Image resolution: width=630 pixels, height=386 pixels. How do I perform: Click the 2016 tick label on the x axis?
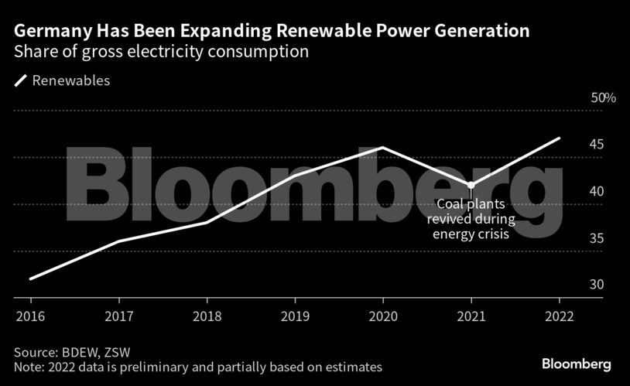tap(30, 316)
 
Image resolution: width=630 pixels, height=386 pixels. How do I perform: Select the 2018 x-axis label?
tap(207, 316)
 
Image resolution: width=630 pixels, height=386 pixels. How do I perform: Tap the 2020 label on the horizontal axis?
tap(383, 316)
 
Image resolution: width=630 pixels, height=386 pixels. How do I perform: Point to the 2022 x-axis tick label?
tap(559, 316)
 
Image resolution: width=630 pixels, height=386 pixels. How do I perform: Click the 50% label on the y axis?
tap(602, 98)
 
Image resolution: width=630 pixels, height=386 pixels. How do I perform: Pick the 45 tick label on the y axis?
tap(597, 145)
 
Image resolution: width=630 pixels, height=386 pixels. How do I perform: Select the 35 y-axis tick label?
tap(597, 238)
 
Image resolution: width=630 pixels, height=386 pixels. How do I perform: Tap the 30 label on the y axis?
tap(597, 285)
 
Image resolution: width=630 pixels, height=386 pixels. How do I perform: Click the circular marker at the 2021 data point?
tap(471, 185)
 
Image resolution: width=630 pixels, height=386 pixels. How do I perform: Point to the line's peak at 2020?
tap(383, 148)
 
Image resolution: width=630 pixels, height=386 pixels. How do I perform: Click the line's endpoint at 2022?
tap(559, 138)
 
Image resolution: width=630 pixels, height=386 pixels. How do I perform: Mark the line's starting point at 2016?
tap(31, 278)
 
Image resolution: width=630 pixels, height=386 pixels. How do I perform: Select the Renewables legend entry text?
tap(71, 80)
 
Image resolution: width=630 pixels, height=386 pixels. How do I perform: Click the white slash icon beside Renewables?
tap(21, 80)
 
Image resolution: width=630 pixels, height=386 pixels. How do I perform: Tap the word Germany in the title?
tap(50, 31)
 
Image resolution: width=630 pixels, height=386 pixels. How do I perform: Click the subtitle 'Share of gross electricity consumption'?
tap(162, 53)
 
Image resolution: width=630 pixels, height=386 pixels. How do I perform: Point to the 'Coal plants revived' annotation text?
tap(471, 218)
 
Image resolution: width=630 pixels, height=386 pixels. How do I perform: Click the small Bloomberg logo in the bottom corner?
tap(576, 364)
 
